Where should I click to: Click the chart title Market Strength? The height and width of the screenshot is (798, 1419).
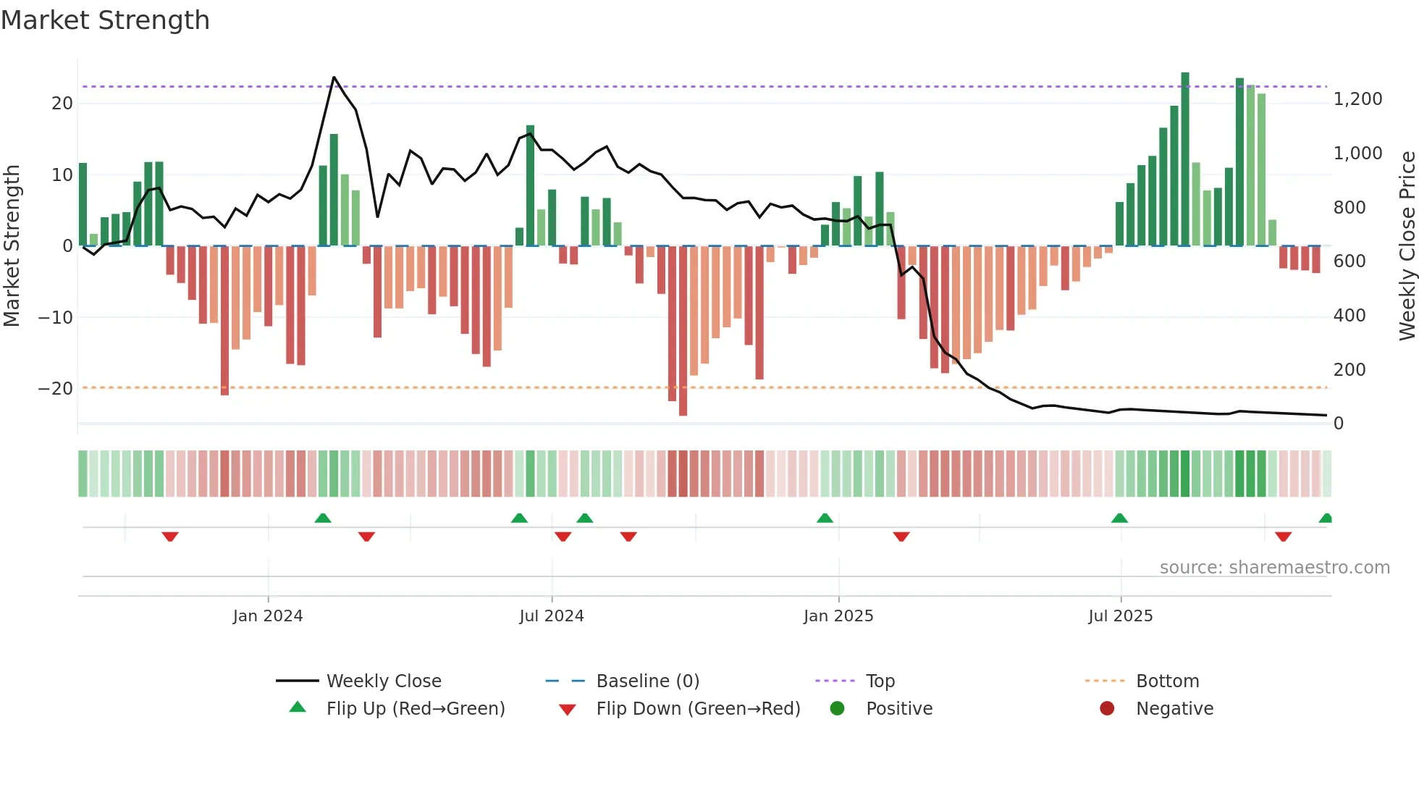[105, 20]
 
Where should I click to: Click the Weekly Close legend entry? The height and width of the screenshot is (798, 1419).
[383, 681]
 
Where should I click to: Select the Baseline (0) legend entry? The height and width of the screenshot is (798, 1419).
[647, 681]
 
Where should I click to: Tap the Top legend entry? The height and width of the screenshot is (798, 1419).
[880, 681]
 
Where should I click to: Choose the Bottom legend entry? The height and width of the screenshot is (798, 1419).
[1167, 681]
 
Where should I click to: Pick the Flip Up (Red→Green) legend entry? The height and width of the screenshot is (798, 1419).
[415, 708]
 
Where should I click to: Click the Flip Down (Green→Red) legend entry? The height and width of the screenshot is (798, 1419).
[698, 708]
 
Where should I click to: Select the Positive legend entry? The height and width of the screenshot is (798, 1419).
[898, 708]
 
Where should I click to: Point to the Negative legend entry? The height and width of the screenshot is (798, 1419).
[1174, 708]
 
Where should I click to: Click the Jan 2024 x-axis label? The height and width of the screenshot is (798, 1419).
[268, 616]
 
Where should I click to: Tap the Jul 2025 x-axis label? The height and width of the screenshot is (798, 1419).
[1120, 616]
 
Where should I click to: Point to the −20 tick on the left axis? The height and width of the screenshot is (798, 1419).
[56, 389]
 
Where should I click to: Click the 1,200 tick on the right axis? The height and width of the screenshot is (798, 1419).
[1357, 99]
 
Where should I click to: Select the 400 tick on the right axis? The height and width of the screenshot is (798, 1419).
[1349, 316]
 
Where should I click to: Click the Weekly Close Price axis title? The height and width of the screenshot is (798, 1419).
[1407, 245]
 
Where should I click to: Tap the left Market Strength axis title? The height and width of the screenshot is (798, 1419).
[12, 245]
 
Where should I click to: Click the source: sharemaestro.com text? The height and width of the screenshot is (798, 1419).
[1274, 568]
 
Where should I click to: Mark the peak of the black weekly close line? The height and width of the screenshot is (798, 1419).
[334, 77]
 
